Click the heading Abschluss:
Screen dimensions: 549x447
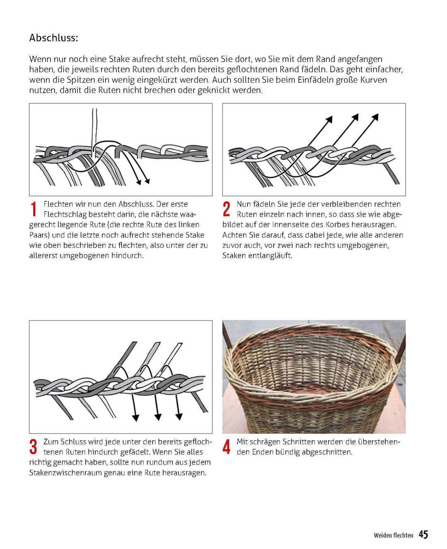click(53, 38)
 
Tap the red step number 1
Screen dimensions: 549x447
click(34, 209)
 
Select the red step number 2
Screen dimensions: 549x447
click(226, 209)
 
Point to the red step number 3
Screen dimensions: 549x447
click(33, 447)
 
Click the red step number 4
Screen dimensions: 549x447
click(226, 447)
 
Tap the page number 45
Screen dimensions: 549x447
click(423, 535)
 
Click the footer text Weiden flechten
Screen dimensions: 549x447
click(393, 535)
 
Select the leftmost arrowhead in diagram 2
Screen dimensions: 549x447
click(329, 119)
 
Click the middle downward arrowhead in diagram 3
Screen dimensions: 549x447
click(158, 417)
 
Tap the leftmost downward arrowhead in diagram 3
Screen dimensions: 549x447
click(135, 418)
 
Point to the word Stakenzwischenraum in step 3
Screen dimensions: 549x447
click(65, 473)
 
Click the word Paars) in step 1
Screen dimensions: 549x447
click(39, 235)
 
